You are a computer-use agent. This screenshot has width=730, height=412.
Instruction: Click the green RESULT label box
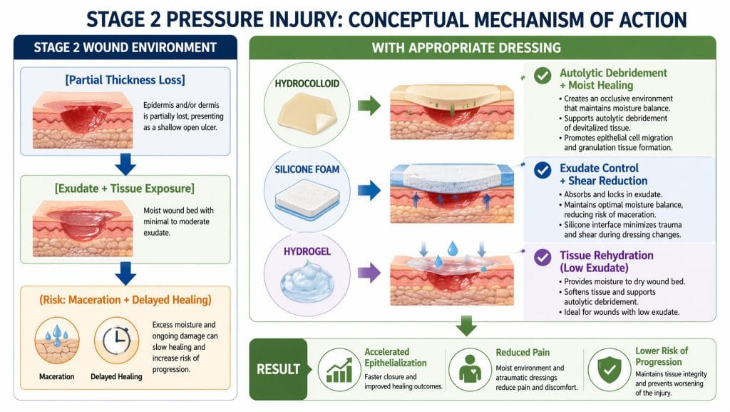pyautogui.click(x=279, y=369)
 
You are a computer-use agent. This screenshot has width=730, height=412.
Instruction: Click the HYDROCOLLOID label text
pyautogui.click(x=307, y=84)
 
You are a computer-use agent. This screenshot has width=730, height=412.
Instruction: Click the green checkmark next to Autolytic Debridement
pyautogui.click(x=542, y=75)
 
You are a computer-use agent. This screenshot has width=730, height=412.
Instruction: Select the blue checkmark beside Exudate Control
pyautogui.click(x=542, y=169)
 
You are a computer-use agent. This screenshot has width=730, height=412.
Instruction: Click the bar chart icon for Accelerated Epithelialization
pyautogui.click(x=339, y=369)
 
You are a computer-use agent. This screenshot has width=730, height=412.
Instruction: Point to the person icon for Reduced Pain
pyautogui.click(x=471, y=369)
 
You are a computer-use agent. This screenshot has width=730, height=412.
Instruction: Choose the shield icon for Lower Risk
pyautogui.click(x=608, y=369)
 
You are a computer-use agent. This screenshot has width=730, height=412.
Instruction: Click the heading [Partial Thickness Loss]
pyautogui.click(x=125, y=81)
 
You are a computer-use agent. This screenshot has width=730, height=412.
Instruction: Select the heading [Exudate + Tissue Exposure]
pyautogui.click(x=125, y=189)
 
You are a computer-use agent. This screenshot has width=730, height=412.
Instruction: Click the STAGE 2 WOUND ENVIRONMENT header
pyautogui.click(x=125, y=48)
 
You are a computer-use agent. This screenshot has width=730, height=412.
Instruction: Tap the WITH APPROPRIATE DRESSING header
pyautogui.click(x=466, y=48)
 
